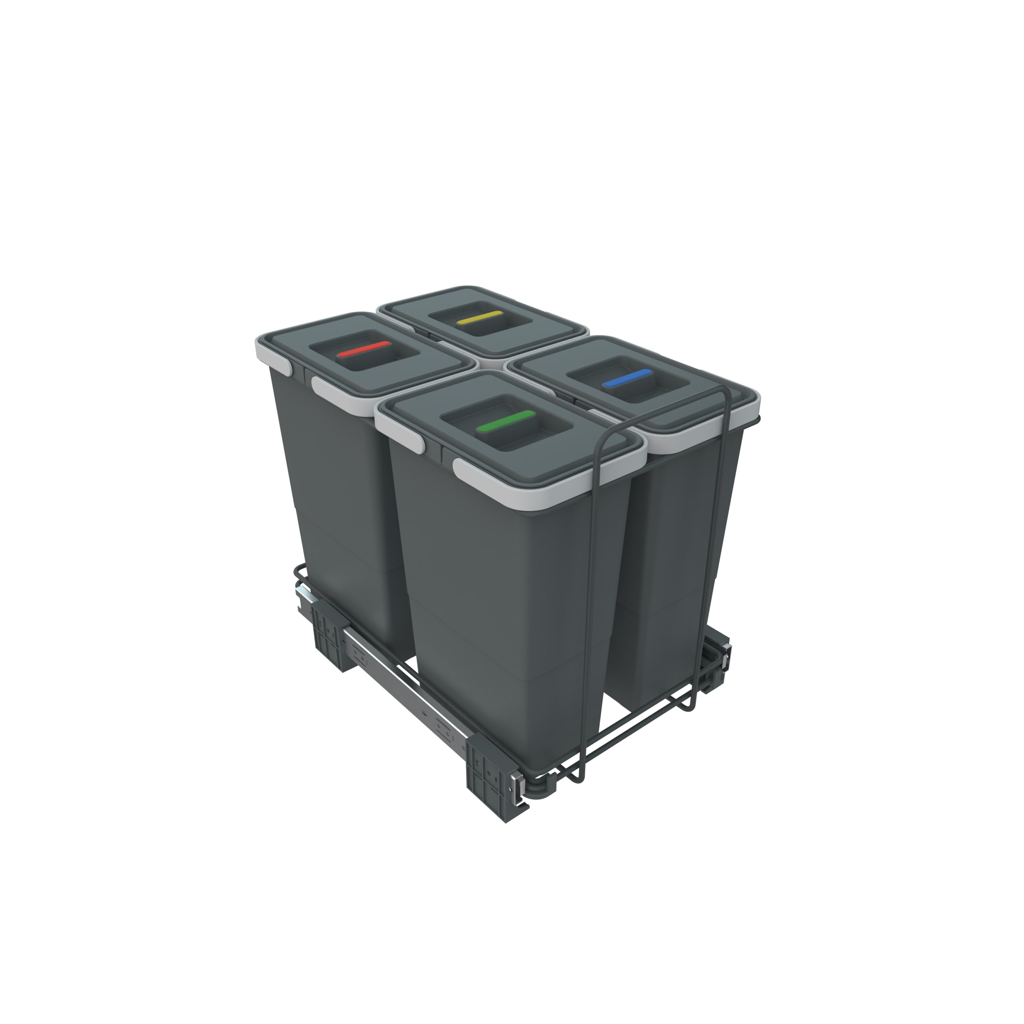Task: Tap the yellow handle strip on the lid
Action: click(481, 318)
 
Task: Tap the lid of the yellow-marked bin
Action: click(535, 323)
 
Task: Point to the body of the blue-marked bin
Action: click(673, 556)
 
